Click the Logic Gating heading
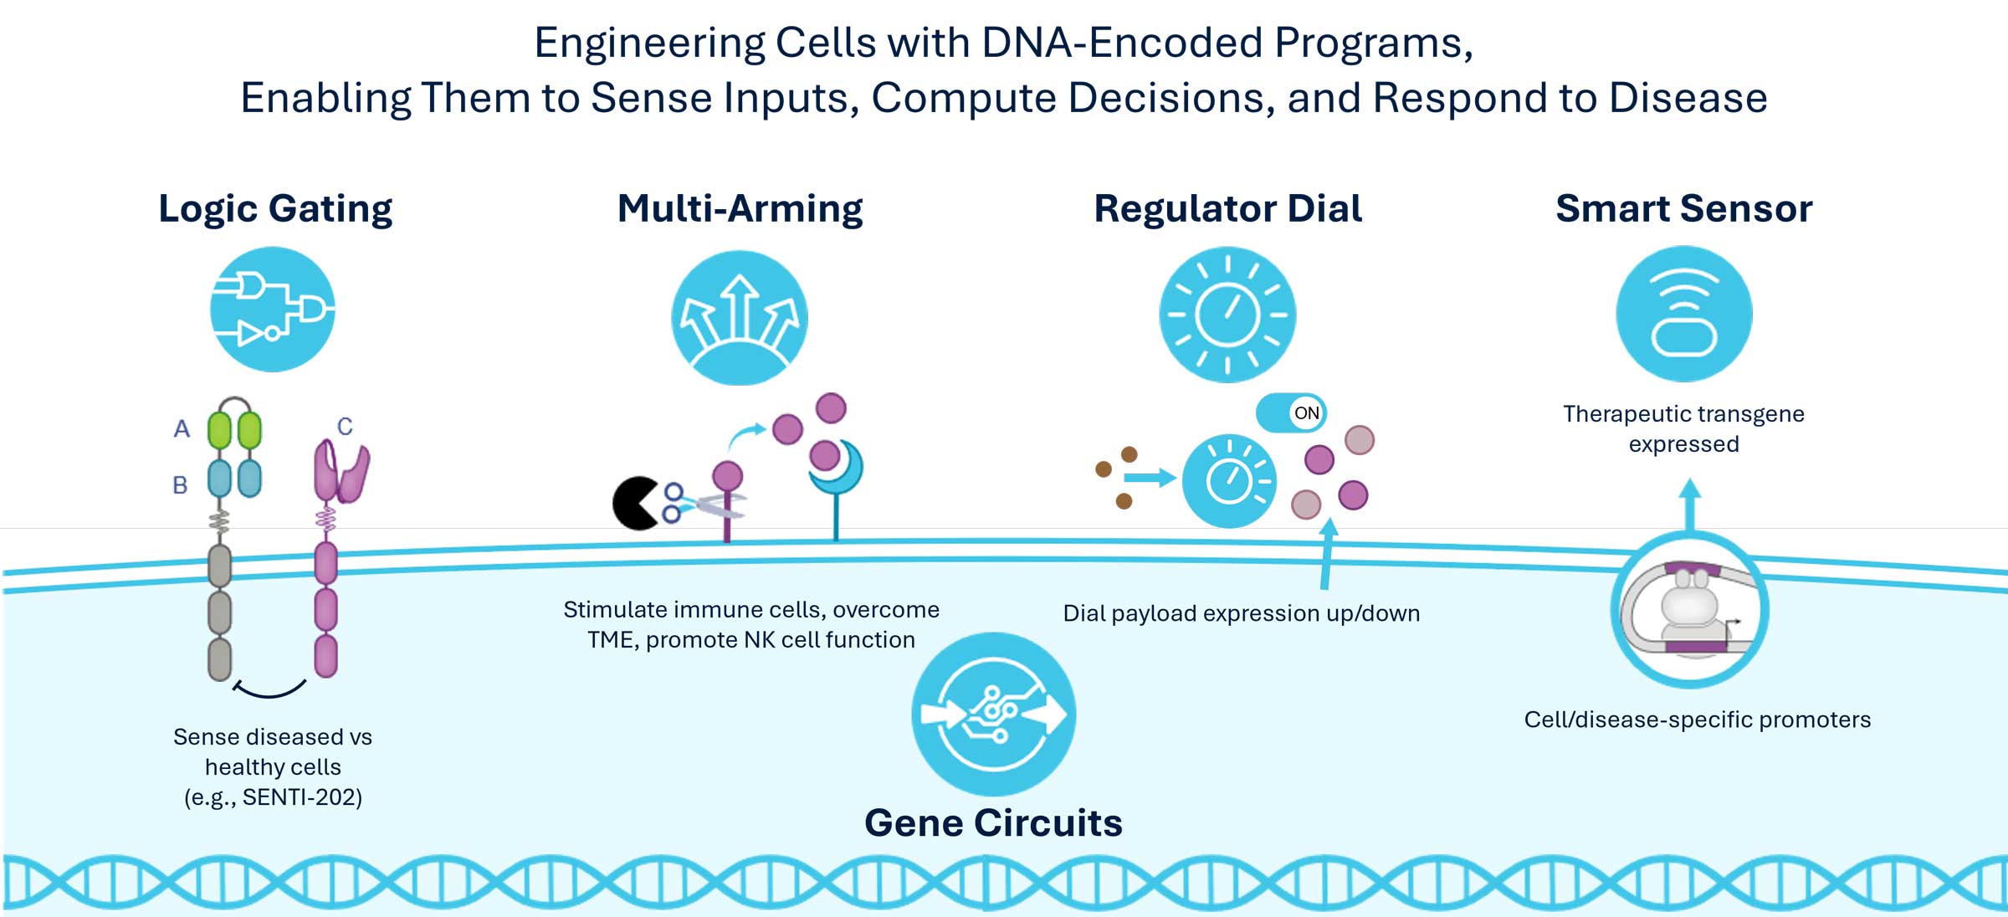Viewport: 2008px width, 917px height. point(275,208)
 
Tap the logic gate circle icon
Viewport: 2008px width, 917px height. point(273,310)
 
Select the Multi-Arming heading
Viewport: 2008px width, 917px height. point(740,208)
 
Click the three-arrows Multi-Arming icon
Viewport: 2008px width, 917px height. point(740,318)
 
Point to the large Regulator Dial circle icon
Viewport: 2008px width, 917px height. point(1227,315)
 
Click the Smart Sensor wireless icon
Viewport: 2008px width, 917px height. point(1683,314)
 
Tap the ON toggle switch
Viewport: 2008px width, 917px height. point(1291,412)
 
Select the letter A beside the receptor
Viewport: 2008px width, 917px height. point(182,429)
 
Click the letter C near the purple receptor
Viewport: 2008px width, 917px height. point(345,427)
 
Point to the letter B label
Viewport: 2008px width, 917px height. point(180,485)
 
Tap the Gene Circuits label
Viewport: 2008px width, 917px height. point(993,823)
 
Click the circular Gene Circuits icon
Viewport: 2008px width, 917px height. point(993,714)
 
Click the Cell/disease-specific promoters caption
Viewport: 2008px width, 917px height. point(1697,720)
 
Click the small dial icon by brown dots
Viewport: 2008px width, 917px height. point(1229,481)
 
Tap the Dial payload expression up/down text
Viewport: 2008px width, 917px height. point(1241,613)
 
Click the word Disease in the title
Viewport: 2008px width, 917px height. point(1688,98)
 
